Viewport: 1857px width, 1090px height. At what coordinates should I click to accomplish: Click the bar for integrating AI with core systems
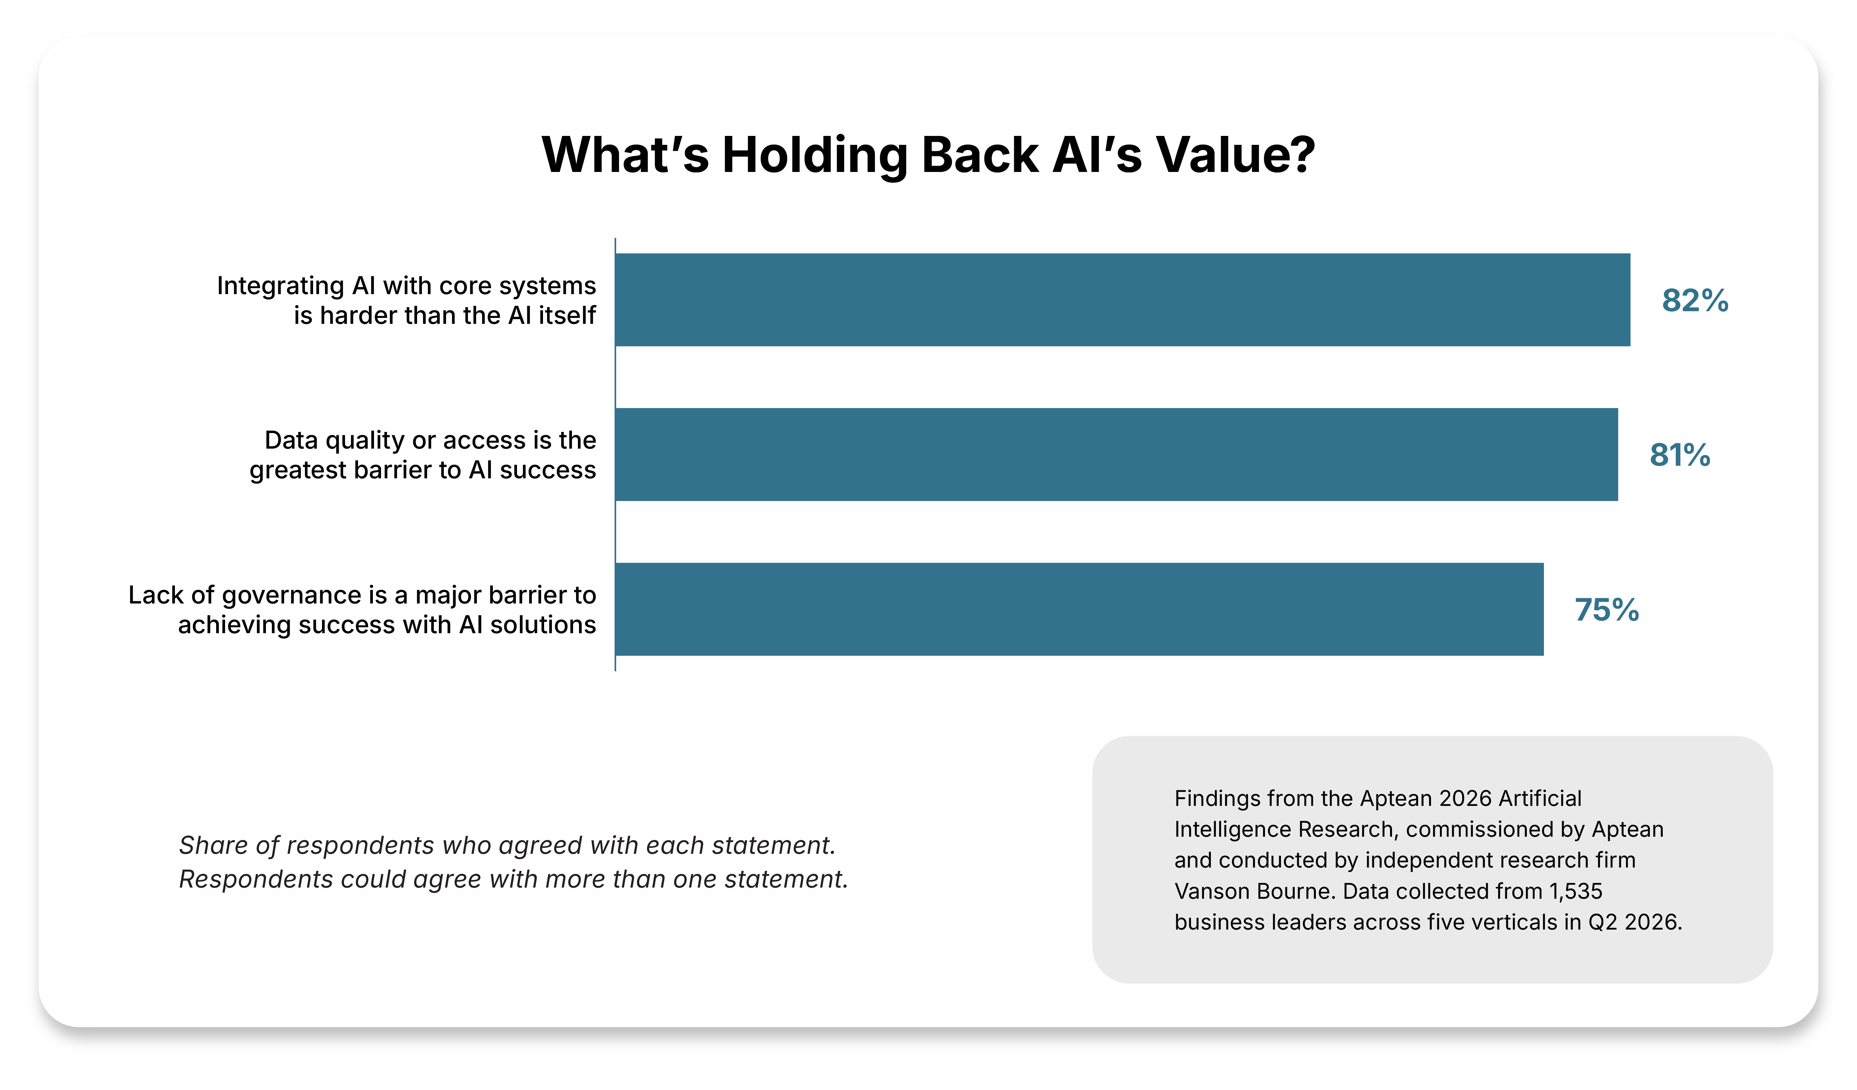pyautogui.click(x=1122, y=300)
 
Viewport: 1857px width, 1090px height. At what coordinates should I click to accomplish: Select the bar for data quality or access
pyautogui.click(x=1116, y=455)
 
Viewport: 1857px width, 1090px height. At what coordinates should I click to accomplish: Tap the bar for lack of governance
pyautogui.click(x=1080, y=609)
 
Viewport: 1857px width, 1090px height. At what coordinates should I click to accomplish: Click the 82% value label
pyautogui.click(x=1695, y=301)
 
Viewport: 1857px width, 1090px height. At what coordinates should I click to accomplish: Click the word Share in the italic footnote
pyautogui.click(x=213, y=845)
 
